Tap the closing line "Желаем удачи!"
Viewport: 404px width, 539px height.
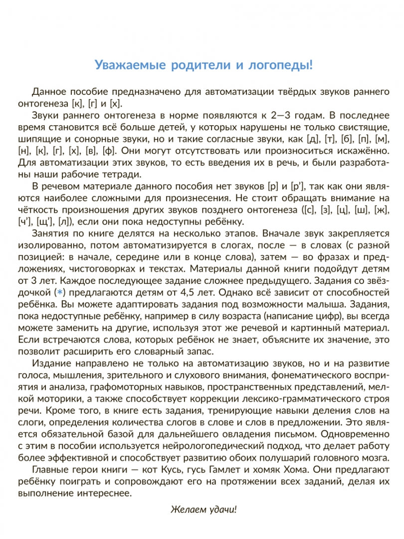click(203, 510)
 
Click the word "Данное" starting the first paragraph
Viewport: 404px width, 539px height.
click(46, 91)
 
